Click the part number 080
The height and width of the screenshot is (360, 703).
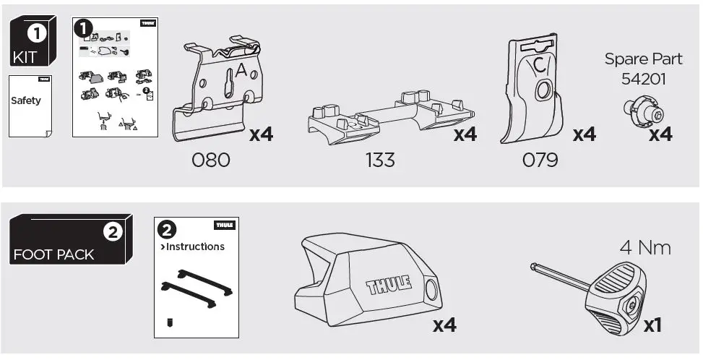click(211, 160)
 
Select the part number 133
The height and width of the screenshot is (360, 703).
click(379, 160)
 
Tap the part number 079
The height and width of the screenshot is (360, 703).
click(540, 160)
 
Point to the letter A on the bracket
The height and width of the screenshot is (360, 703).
click(241, 72)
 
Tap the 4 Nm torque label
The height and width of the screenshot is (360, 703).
click(644, 249)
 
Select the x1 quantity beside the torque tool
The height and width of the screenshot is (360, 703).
click(652, 326)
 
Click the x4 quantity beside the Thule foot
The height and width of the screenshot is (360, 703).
click(445, 326)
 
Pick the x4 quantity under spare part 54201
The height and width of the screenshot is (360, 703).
click(660, 134)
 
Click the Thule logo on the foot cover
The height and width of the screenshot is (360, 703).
click(389, 285)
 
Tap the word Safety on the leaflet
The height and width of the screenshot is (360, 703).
click(26, 101)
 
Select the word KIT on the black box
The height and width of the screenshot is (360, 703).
click(27, 57)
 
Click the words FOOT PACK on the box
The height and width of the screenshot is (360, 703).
click(53, 254)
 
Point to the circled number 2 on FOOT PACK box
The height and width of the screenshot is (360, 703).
click(112, 232)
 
